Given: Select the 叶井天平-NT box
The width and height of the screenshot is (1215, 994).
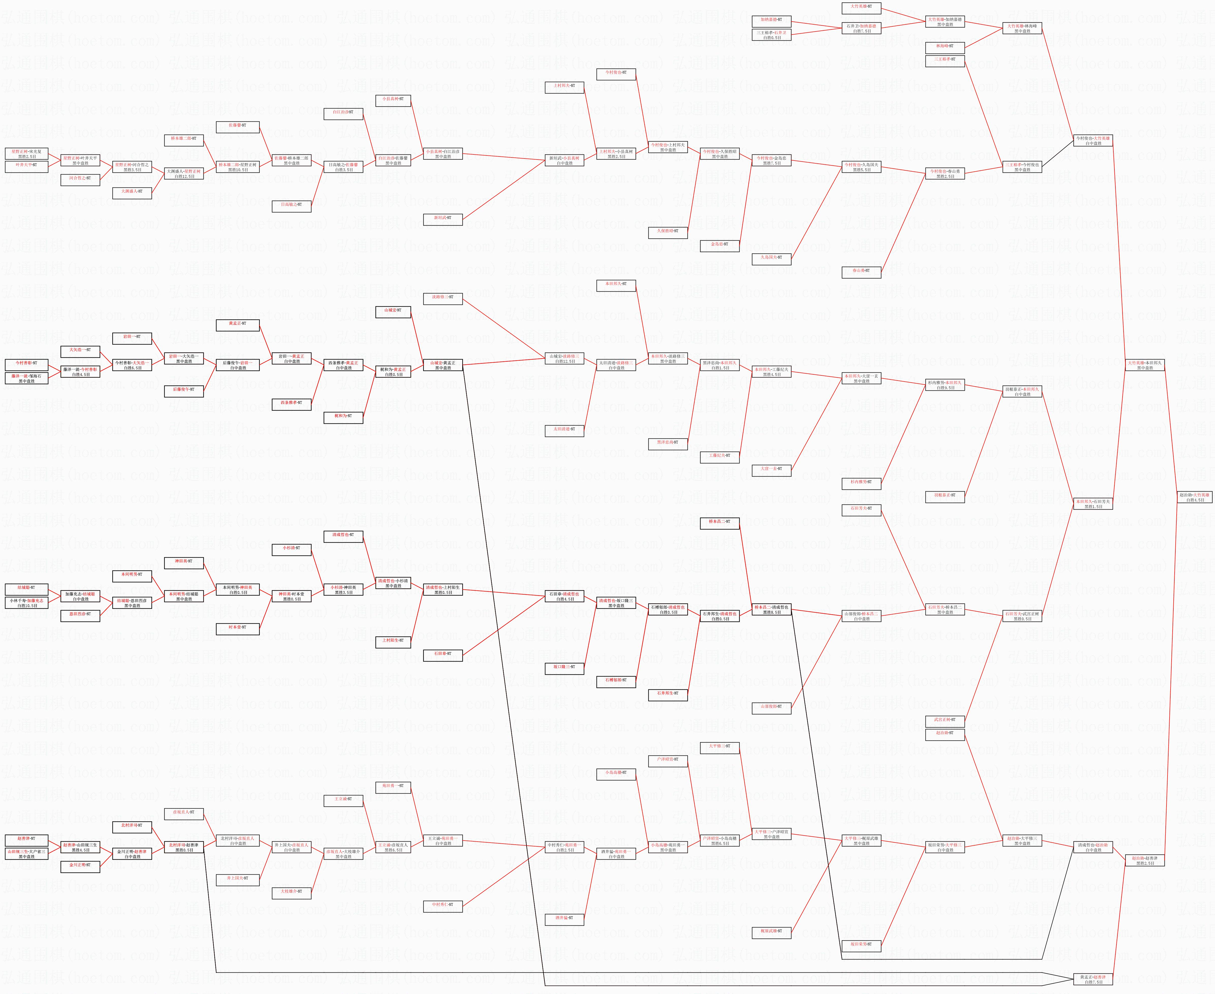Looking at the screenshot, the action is tap(26, 165).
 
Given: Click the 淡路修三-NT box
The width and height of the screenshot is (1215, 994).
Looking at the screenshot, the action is tap(442, 297).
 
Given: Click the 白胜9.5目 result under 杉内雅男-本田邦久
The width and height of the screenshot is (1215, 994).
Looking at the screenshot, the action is tap(945, 388).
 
